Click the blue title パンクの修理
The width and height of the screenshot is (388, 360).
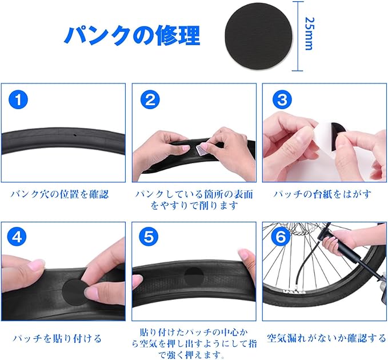coord(133,35)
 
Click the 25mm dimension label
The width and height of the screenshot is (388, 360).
coord(309,34)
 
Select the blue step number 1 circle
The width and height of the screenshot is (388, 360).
coord(18,99)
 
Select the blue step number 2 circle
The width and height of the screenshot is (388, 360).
coord(150,99)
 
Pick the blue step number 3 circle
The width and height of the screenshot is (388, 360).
coord(282,99)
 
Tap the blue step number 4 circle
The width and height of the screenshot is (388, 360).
coord(17,237)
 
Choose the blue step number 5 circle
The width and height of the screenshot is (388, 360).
coord(149,237)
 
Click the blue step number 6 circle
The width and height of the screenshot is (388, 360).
coord(281,237)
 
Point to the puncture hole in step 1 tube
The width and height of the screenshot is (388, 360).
coord(74,135)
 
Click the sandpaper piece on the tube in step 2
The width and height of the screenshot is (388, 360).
coord(201,150)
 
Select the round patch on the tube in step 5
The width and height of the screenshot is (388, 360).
coord(194,277)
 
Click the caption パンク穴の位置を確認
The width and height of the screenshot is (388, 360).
coord(59,194)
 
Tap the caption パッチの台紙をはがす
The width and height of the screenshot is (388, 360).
coord(323,194)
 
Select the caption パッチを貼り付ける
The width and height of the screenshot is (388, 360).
coord(57,338)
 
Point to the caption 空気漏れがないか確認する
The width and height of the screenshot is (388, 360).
coord(326,338)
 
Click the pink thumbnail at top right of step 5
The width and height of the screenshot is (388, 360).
coord(243,254)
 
